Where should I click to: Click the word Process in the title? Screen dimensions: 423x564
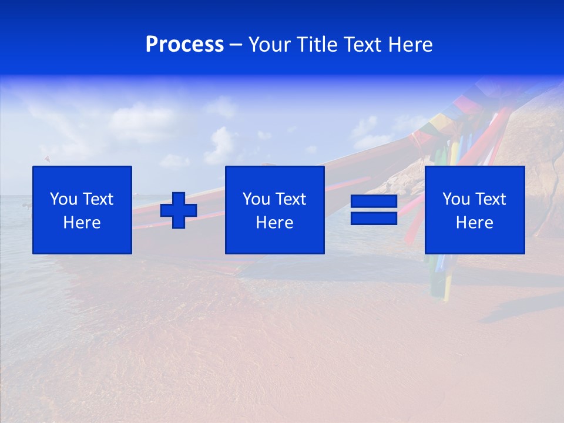click(x=184, y=45)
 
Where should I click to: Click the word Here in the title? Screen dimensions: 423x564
click(x=411, y=45)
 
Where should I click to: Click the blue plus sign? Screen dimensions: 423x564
click(x=179, y=210)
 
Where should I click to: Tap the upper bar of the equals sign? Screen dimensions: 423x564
click(x=374, y=202)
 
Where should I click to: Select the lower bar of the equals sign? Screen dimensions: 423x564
click(x=374, y=218)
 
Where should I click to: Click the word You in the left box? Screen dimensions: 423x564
click(x=63, y=199)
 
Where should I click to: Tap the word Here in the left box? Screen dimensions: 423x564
click(x=82, y=223)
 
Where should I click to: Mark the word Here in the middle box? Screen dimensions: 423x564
click(x=274, y=223)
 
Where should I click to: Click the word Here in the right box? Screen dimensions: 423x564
click(x=474, y=223)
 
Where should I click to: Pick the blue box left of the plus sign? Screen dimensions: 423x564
click(x=82, y=241)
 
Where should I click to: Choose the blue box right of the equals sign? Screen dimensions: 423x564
click(x=475, y=241)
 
